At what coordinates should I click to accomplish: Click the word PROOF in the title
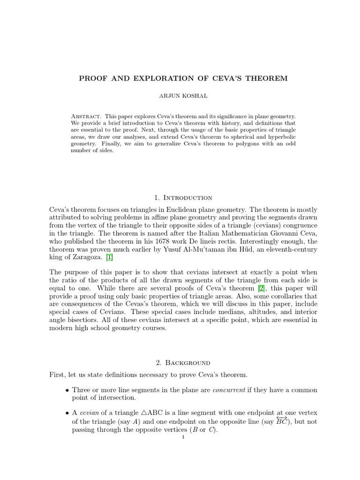[x=92, y=78]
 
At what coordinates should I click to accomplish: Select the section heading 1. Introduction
[x=180, y=197]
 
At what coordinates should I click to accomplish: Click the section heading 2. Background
[x=180, y=362]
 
